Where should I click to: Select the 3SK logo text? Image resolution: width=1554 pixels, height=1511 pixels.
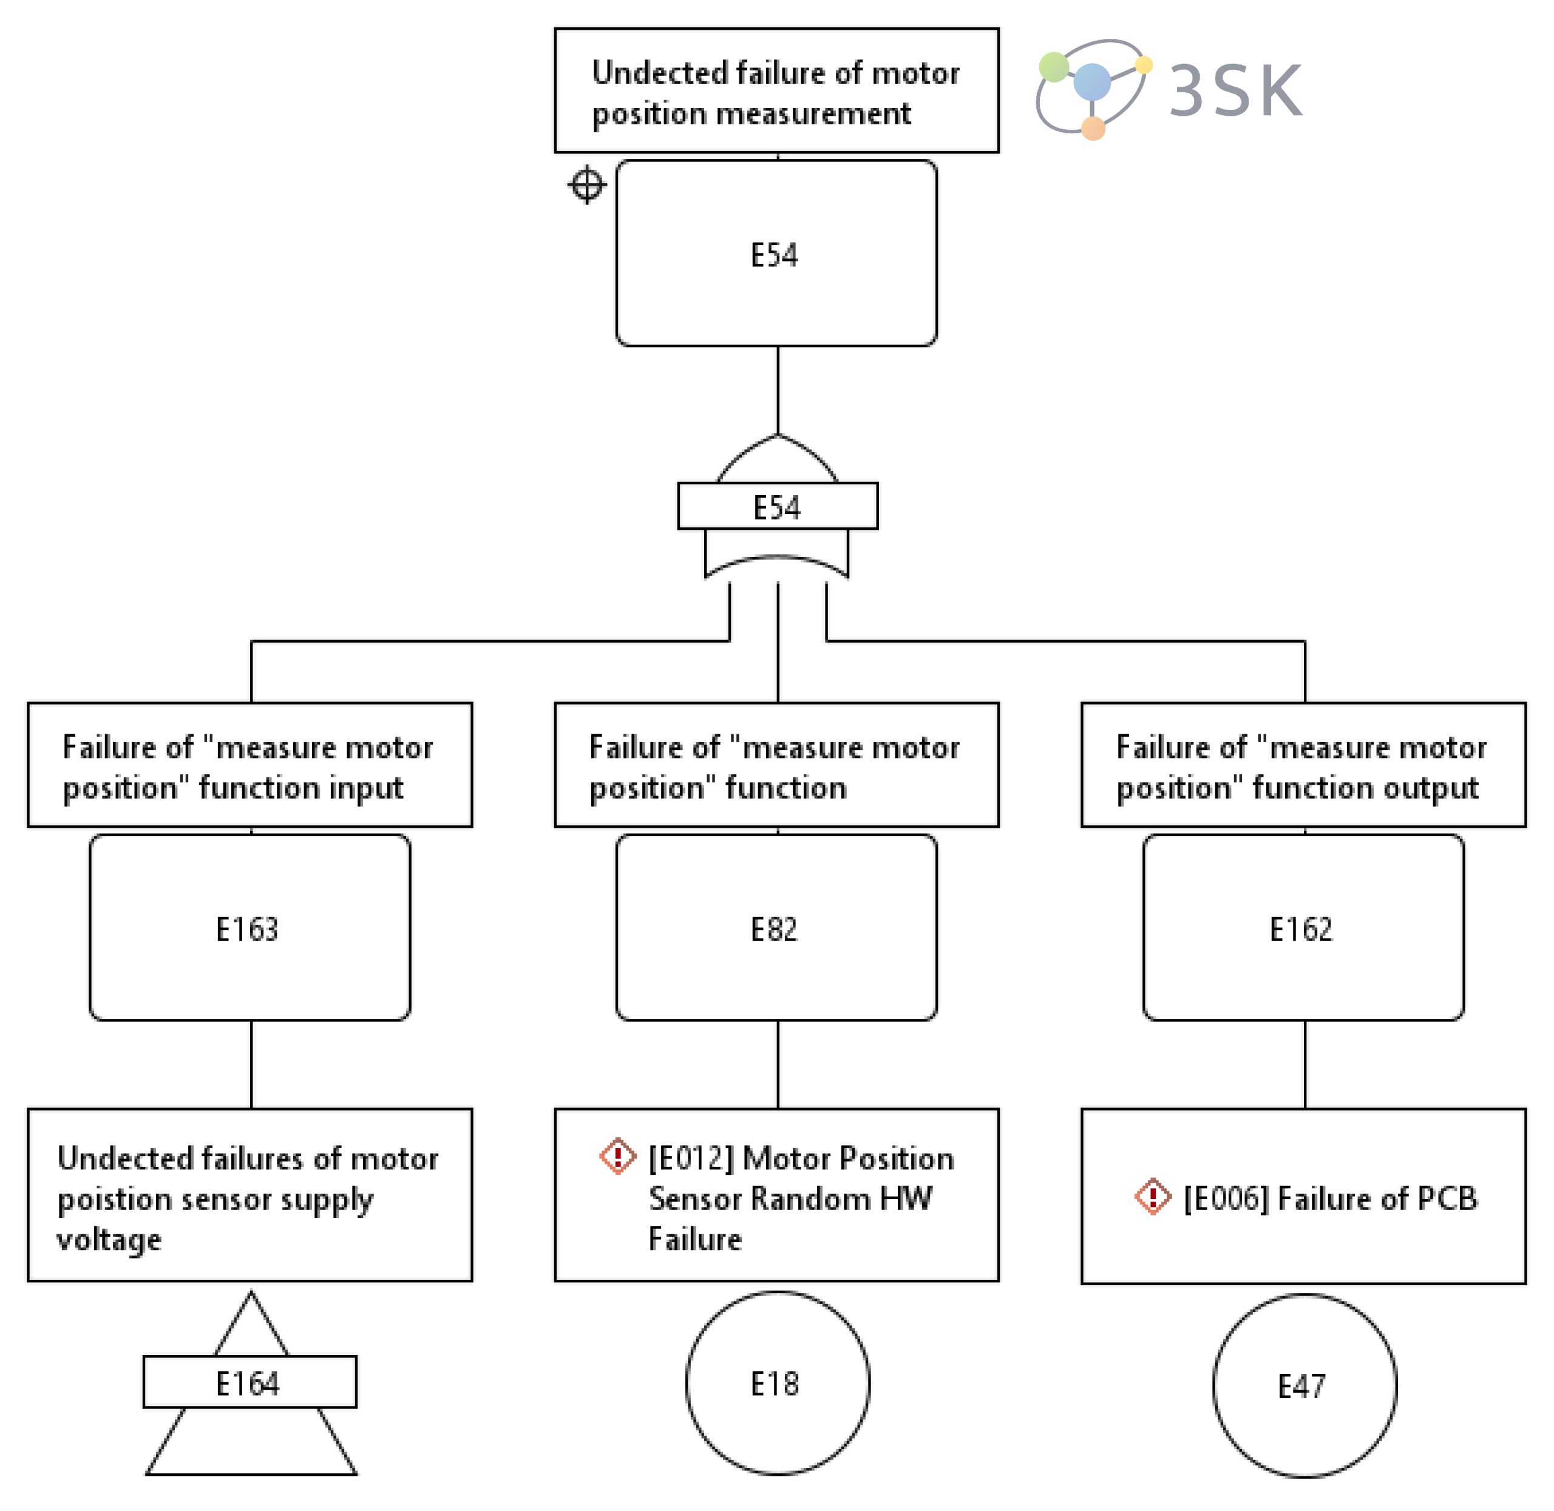[1235, 91]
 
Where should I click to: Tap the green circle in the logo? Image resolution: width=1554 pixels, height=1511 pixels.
[1053, 67]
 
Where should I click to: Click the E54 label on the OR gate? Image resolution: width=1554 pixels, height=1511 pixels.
[776, 507]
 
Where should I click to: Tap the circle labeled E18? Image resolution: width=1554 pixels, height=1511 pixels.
[776, 1382]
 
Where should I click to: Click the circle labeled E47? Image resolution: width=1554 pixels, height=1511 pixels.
[1303, 1385]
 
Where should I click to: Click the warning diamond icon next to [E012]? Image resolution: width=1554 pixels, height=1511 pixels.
[617, 1155]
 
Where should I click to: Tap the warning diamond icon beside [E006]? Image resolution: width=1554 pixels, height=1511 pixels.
[1152, 1196]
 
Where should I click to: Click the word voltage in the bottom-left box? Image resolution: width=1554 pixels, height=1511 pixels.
[109, 1238]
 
